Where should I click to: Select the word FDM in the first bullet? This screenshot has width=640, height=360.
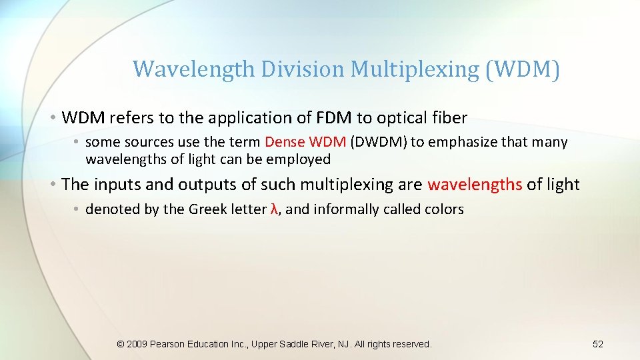click(336, 118)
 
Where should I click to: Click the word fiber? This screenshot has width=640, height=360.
click(449, 118)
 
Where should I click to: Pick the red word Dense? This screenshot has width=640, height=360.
click(285, 142)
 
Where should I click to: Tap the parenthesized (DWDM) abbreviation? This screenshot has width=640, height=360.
click(381, 142)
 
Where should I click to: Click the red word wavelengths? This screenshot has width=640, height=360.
click(475, 185)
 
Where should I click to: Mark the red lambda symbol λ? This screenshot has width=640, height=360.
click(274, 209)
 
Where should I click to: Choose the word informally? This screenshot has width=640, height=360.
click(346, 209)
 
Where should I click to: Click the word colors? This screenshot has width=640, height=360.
click(443, 209)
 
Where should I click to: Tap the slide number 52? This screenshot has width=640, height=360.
click(597, 344)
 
